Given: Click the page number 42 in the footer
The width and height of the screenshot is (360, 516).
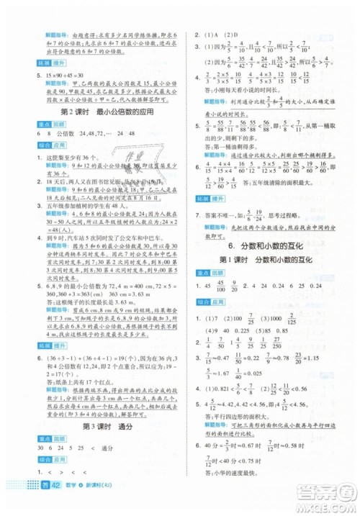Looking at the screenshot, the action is (x=31, y=504).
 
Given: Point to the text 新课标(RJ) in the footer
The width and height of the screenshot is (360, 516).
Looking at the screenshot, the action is (x=73, y=504).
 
